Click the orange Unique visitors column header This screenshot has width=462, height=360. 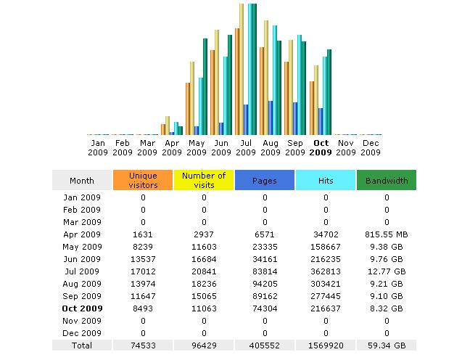[x=143, y=180]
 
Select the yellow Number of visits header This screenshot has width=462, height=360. [x=204, y=180]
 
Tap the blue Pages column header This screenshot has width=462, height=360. [x=265, y=180]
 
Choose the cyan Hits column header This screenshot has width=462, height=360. [x=326, y=180]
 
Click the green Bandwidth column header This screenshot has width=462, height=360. [x=387, y=180]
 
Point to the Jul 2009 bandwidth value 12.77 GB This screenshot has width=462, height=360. [x=387, y=271]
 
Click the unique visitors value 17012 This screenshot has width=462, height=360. [x=143, y=271]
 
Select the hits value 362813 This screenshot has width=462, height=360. [x=326, y=271]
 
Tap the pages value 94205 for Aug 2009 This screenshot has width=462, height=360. [x=265, y=284]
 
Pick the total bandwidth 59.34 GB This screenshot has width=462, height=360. [x=387, y=346]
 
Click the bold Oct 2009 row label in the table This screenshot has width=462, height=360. [x=82, y=308]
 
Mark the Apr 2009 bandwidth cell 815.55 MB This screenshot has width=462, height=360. [x=387, y=234]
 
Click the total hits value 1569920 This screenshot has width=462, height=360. [x=326, y=346]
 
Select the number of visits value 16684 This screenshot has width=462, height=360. [x=204, y=259]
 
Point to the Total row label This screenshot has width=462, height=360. [x=82, y=346]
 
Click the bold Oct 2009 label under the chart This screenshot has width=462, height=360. [x=321, y=147]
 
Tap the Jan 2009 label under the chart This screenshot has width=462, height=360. [x=98, y=147]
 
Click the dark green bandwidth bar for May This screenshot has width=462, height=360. [x=206, y=87]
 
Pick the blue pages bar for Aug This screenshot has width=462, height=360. [x=271, y=118]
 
